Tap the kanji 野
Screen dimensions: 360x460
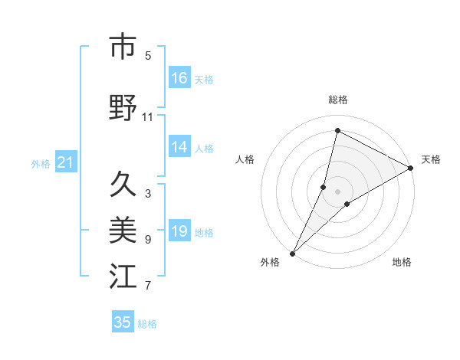tap(123, 107)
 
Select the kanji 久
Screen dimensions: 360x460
tap(123, 184)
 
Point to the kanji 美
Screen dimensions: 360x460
tap(123, 228)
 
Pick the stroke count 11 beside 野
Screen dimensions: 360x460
tap(148, 117)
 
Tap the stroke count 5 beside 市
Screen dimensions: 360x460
tap(148, 55)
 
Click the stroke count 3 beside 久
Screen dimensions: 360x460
tap(148, 194)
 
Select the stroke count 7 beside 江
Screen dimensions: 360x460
tap(148, 286)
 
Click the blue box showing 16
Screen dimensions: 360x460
tap(179, 78)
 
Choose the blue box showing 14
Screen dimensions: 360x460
tap(179, 147)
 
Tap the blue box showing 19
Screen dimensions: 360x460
tap(179, 231)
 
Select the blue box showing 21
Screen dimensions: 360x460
tap(65, 162)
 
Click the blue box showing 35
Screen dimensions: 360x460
tap(123, 322)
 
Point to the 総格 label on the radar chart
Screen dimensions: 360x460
tap(338, 100)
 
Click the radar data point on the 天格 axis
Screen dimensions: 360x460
tap(411, 169)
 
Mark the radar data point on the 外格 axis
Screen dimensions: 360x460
tap(292, 253)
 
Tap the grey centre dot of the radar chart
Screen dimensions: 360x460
tap(338, 191)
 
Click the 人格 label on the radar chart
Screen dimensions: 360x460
tap(245, 159)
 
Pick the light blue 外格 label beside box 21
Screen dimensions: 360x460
tap(41, 163)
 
